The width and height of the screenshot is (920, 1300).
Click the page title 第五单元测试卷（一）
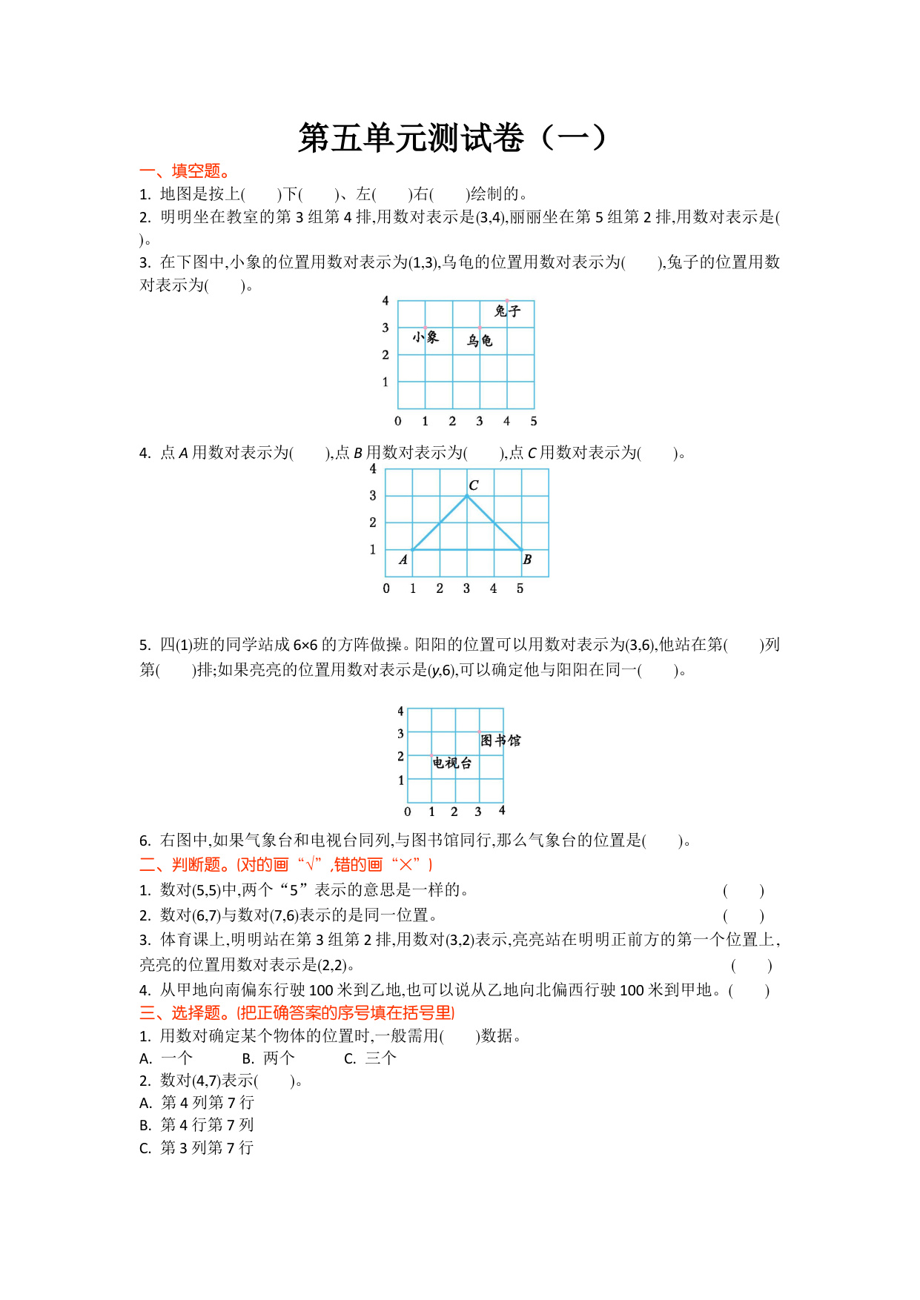452,138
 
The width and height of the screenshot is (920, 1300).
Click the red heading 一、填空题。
185,171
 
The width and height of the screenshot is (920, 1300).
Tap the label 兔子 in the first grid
508,311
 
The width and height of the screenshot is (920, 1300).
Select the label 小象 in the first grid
426,337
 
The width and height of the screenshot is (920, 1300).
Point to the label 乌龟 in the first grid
480,340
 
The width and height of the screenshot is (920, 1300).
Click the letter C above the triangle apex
474,485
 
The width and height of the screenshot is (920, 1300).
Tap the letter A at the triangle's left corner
403,560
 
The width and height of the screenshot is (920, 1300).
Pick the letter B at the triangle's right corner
527,560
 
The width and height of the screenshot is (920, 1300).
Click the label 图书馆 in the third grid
500,740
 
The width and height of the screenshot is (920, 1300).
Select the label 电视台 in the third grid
452,763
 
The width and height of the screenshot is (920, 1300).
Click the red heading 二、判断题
286,864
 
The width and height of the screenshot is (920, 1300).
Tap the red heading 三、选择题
297,1012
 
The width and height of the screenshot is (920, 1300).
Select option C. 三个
370,1058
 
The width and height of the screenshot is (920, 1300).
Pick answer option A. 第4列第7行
197,1103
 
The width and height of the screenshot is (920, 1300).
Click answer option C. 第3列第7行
197,1148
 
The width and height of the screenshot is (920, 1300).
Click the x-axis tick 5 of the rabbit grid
534,421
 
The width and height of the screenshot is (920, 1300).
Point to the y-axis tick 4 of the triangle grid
373,469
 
